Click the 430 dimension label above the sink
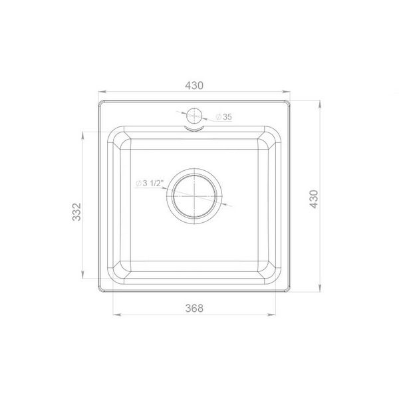pos(194,86)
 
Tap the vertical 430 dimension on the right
pos(314,199)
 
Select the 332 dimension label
pos(76,211)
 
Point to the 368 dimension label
pos(194,308)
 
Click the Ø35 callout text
pos(224,117)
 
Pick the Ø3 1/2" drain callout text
pos(148,184)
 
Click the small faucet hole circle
pos(194,116)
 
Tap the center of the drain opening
pos(194,196)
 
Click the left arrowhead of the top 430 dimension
pos(102,92)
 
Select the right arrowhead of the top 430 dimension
pos(287,92)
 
